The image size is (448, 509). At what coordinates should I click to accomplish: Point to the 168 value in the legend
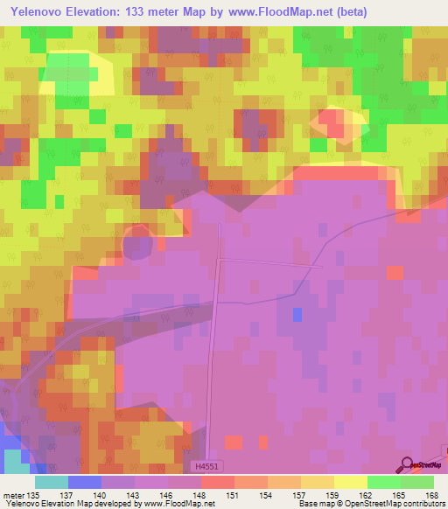(x=431, y=494)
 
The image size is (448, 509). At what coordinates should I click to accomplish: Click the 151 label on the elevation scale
(x=232, y=494)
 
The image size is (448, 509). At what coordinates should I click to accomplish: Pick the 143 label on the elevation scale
(x=132, y=494)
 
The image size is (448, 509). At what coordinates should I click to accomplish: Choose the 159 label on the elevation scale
(x=332, y=494)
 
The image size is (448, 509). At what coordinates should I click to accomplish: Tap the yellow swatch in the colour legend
(x=350, y=482)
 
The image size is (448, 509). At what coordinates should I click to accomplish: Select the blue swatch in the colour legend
(x=84, y=482)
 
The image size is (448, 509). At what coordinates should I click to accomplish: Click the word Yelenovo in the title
(x=38, y=11)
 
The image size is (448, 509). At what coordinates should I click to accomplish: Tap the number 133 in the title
(x=136, y=11)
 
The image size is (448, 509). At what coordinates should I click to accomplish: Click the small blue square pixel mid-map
(x=297, y=314)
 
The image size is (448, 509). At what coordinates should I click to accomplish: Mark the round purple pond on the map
(x=136, y=244)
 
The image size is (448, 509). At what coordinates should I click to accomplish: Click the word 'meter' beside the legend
(x=14, y=494)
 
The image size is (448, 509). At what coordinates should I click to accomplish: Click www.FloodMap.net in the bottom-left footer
(x=178, y=505)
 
